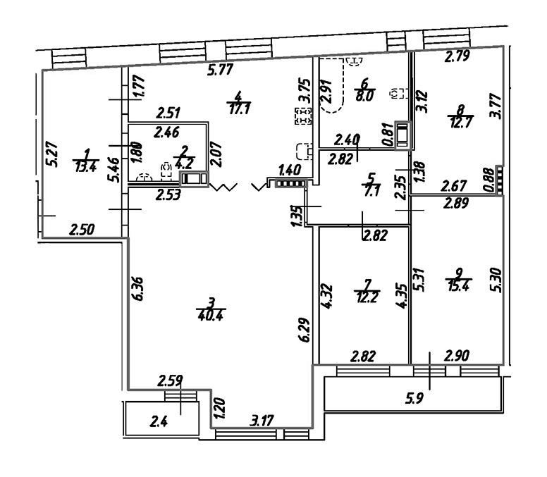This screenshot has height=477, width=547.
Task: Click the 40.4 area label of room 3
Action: [210, 316]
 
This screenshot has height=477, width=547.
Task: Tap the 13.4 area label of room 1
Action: [85, 167]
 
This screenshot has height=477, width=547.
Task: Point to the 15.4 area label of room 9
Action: [458, 287]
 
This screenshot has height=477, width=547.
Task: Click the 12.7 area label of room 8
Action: [460, 123]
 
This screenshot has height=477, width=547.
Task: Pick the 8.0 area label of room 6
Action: [365, 96]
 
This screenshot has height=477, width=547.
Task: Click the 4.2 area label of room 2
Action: [183, 163]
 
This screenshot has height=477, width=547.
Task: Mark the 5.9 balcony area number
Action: [414, 397]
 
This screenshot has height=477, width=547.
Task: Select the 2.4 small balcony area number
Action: [159, 422]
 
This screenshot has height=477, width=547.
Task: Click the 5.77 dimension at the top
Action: [220, 69]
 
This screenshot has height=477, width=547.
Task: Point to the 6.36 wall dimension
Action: [138, 289]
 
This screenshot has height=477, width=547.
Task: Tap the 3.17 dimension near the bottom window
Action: [262, 420]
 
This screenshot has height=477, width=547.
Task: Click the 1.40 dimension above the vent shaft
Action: [290, 171]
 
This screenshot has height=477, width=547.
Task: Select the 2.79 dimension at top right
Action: [457, 56]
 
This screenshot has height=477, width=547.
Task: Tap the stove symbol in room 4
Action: [303, 116]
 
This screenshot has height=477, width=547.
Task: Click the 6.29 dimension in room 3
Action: [305, 330]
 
